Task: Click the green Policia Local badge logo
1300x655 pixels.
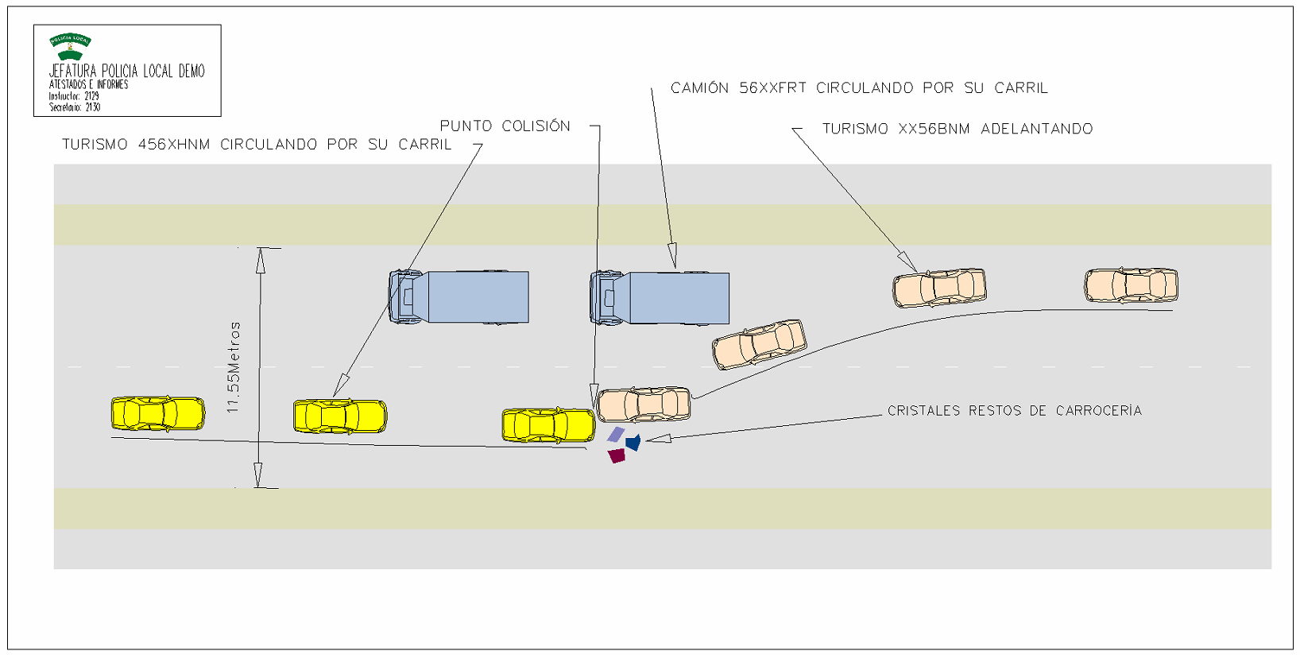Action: coord(70,46)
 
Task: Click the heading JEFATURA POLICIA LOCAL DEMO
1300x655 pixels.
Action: coord(126,71)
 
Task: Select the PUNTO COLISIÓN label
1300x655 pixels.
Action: coord(505,126)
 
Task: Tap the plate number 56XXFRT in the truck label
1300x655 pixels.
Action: coord(772,88)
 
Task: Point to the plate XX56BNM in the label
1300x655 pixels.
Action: coord(934,129)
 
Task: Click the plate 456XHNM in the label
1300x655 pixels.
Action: coord(174,145)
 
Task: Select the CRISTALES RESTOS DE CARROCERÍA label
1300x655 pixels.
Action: coord(1014,411)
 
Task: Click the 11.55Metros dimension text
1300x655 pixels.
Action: coord(233,367)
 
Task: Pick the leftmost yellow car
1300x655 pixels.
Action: coord(157,414)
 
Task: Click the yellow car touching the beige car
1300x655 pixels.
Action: coord(547,425)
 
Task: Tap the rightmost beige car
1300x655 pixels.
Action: coord(1131,285)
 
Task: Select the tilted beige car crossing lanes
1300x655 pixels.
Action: coord(759,344)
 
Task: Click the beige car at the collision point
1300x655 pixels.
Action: coord(643,405)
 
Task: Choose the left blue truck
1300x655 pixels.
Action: coord(458,297)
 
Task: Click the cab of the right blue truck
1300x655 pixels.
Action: coord(607,298)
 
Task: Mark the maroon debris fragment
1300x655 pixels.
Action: coord(617,455)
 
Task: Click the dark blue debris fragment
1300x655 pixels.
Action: coord(633,442)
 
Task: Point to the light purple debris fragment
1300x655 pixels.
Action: coord(616,435)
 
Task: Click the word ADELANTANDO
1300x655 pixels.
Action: coord(1036,129)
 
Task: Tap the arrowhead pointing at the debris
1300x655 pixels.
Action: coord(659,438)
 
